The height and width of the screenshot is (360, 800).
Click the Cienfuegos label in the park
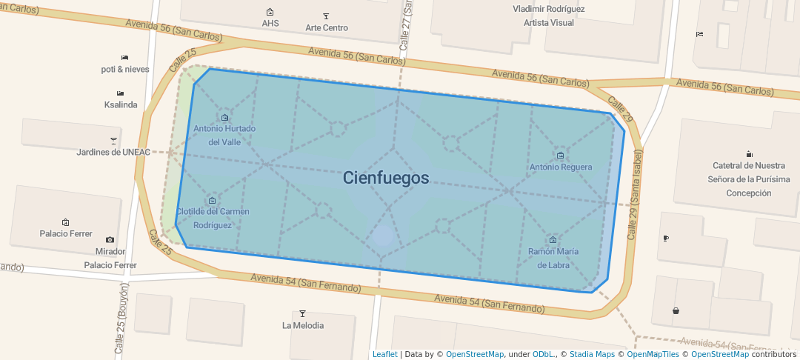(386, 178)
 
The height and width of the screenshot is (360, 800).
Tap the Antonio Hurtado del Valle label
(224, 135)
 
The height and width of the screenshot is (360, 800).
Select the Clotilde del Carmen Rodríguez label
(213, 218)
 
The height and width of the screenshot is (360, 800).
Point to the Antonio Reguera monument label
(560, 167)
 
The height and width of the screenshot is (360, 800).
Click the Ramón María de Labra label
(553, 258)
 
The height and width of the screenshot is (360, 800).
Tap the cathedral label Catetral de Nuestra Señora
(748, 179)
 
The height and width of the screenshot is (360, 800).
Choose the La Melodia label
(302, 325)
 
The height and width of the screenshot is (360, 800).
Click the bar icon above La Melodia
(302, 313)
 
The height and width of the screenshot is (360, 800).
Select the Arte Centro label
(327, 28)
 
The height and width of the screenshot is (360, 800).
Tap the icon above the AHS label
(270, 12)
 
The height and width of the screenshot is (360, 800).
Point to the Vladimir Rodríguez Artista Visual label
(549, 16)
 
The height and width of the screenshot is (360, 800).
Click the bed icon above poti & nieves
(125, 57)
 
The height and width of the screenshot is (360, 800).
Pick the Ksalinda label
(121, 104)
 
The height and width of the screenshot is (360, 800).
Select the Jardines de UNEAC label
(113, 152)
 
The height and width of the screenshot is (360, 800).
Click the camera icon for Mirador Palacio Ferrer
(110, 239)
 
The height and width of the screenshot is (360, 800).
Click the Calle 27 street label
(405, 26)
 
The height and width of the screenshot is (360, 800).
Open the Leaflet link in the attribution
(384, 354)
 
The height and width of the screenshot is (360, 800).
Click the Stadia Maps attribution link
(594, 354)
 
